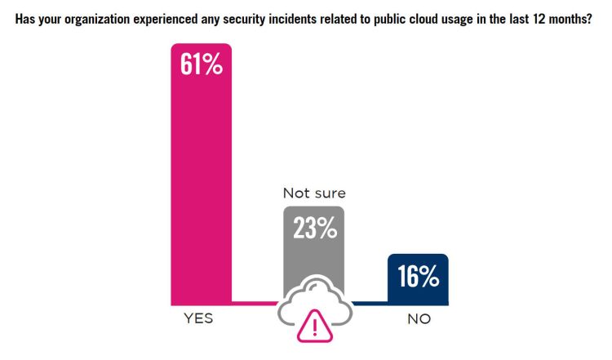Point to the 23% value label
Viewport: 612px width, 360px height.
[315, 229]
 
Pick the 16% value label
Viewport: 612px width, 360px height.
[419, 277]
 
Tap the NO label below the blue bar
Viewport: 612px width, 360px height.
[419, 319]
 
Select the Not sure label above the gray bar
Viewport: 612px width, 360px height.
[314, 193]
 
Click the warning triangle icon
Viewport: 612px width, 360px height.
[313, 327]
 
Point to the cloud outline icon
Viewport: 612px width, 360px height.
[314, 298]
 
